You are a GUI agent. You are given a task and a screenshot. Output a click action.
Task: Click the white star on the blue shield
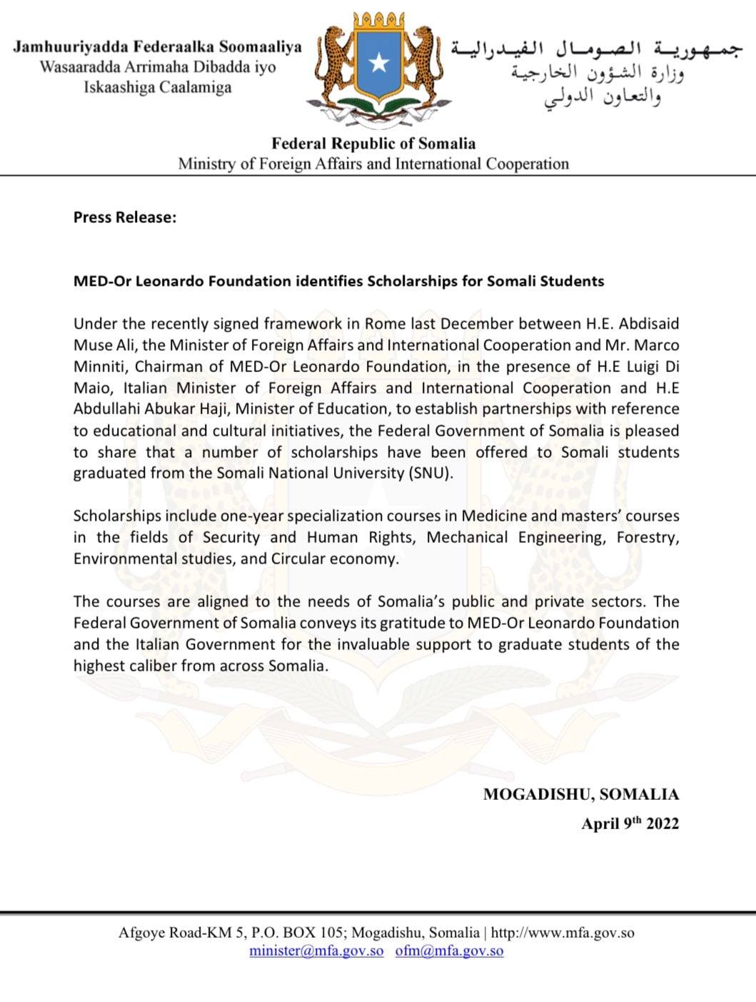379,63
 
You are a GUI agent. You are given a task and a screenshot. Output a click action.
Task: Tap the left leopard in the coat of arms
334,64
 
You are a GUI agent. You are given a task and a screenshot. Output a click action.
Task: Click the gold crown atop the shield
378,21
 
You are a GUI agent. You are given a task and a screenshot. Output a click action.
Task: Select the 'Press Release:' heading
124,218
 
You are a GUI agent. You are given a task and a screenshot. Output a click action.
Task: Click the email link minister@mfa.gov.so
316,951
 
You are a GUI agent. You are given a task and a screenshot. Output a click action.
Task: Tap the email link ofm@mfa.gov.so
449,951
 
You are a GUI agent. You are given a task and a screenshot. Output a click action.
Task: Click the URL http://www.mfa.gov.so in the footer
563,933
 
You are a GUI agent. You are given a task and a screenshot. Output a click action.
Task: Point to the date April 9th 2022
630,823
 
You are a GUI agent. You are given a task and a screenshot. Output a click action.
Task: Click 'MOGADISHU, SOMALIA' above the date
580,794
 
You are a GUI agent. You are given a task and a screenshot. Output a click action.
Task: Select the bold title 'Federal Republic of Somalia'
373,144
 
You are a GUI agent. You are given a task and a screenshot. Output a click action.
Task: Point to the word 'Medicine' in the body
495,516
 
